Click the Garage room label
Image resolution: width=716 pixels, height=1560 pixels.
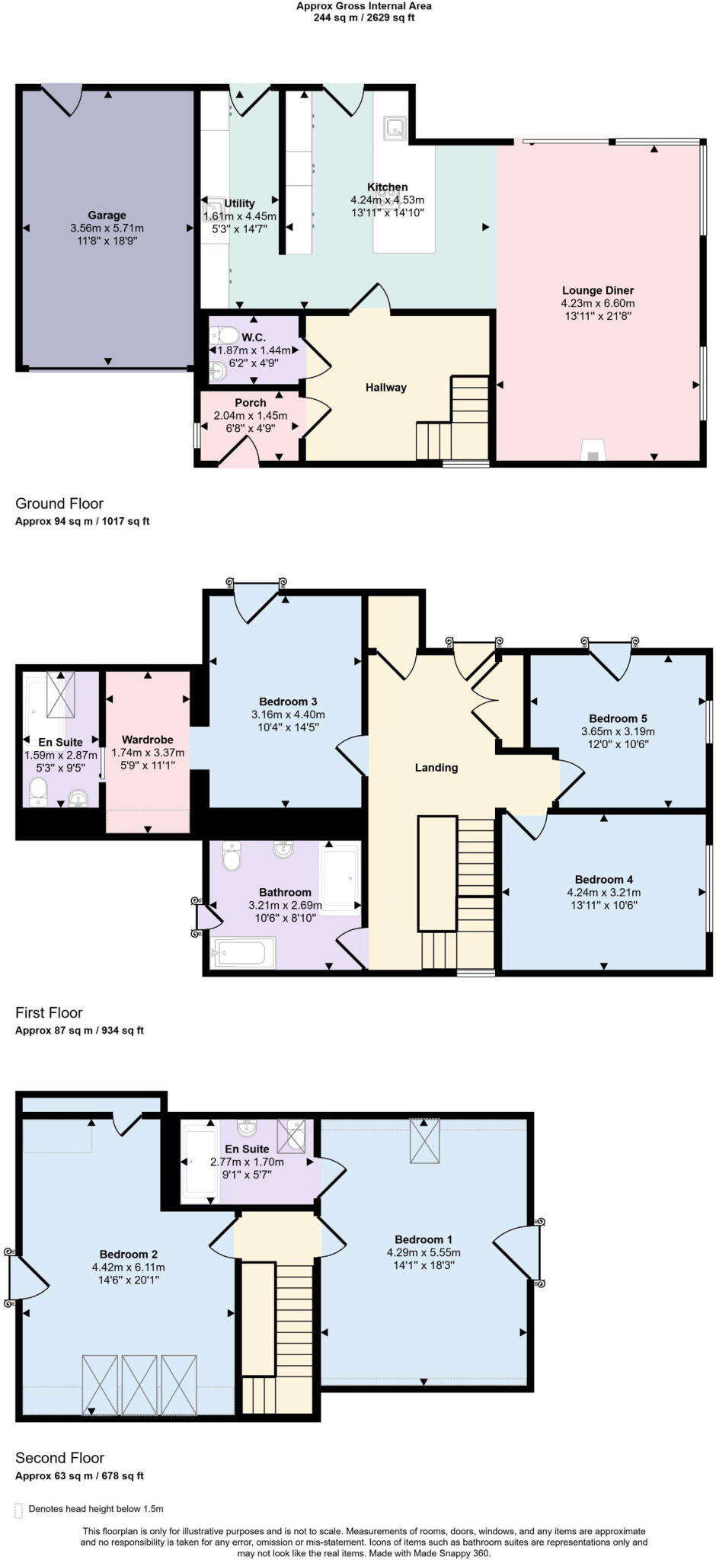click(x=107, y=216)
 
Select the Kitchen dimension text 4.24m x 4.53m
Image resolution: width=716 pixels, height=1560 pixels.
click(x=387, y=200)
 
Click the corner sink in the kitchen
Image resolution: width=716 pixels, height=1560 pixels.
click(x=395, y=127)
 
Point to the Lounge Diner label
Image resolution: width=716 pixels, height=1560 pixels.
click(x=598, y=290)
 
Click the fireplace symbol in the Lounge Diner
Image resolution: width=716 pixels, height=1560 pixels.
click(x=593, y=451)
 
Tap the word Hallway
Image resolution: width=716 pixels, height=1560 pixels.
click(x=386, y=388)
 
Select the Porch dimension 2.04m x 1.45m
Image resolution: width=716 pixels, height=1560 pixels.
click(x=251, y=416)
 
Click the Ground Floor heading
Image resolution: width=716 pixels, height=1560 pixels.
click(x=59, y=503)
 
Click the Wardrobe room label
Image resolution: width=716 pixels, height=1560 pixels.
click(x=148, y=740)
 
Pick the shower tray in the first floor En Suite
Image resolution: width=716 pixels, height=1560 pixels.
click(x=60, y=694)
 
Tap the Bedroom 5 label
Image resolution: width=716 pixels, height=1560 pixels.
click(x=618, y=718)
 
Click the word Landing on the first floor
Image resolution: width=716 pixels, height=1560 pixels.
click(x=436, y=767)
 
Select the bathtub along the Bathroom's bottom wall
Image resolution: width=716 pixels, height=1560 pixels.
click(x=244, y=952)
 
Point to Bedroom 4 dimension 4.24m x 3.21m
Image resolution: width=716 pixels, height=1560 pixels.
click(x=603, y=893)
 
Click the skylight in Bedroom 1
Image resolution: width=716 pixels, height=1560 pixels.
click(x=425, y=1140)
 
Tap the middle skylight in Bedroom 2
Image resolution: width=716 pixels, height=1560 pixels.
click(x=139, y=1385)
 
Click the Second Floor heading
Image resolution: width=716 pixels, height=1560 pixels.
click(x=59, y=1458)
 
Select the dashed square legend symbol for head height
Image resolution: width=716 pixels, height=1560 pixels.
click(x=19, y=1509)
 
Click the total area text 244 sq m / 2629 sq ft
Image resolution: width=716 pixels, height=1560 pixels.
click(x=364, y=18)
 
